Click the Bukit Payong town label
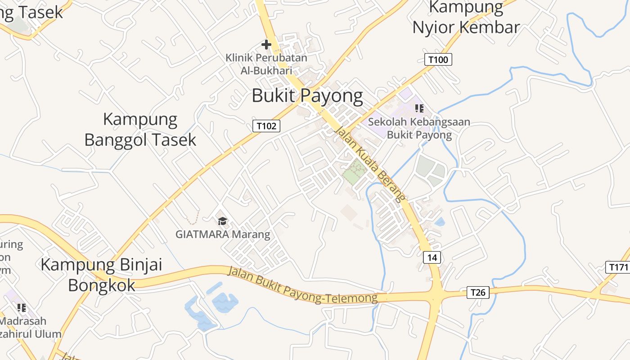[307, 96]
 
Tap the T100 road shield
[438, 59]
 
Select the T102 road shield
[266, 126]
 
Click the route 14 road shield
[432, 257]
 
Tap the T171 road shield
[618, 267]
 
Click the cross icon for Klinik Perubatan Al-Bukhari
[266, 45]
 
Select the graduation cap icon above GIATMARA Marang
[222, 221]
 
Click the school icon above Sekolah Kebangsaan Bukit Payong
[419, 108]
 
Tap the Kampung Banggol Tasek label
[140, 130]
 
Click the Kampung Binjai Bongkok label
[102, 274]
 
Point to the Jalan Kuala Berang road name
[370, 163]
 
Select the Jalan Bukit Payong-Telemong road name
[302, 285]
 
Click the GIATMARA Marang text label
[223, 234]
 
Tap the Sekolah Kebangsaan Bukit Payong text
[419, 128]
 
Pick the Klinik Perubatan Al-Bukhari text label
[266, 64]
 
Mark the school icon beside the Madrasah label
[21, 308]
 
